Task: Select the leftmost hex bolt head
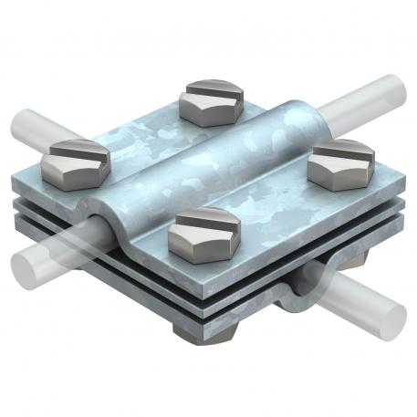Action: pyautogui.click(x=76, y=162)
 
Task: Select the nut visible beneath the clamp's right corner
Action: pyautogui.click(x=358, y=261)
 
